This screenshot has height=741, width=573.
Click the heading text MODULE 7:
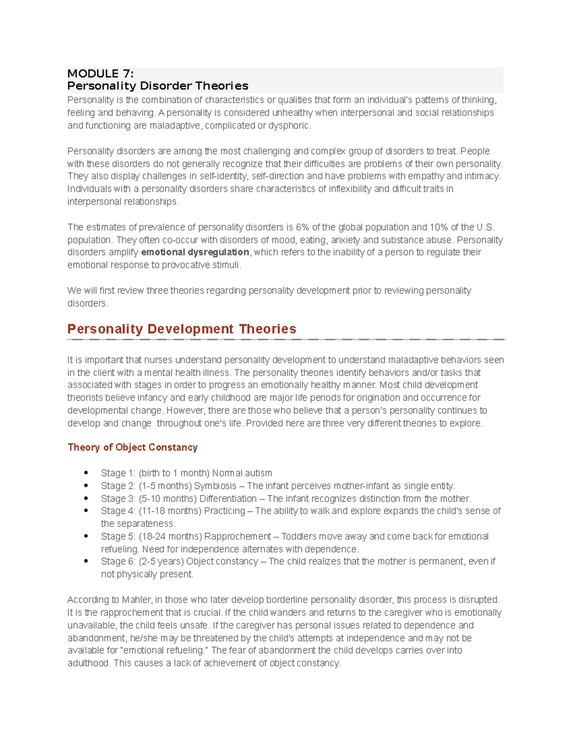tap(100, 73)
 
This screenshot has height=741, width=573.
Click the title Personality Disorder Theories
tap(158, 86)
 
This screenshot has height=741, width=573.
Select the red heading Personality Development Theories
tap(181, 329)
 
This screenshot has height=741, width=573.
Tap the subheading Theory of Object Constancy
tap(132, 448)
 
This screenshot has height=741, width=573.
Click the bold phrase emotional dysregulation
tap(195, 252)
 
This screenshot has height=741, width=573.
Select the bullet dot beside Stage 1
tap(86, 473)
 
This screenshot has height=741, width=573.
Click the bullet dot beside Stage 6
tap(86, 562)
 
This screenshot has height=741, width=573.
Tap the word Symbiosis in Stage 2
tap(215, 486)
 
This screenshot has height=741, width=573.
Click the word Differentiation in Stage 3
tap(228, 499)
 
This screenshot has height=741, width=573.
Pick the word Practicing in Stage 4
tap(224, 511)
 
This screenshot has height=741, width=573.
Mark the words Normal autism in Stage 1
tap(242, 473)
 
